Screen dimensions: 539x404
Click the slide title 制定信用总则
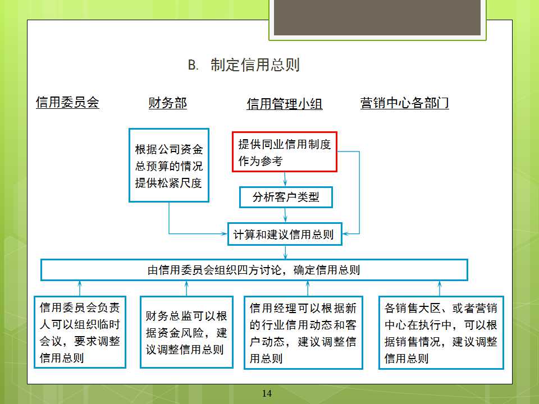click(255, 65)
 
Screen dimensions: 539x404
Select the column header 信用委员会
click(67, 102)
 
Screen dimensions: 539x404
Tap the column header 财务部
click(168, 103)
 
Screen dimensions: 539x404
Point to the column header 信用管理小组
click(285, 104)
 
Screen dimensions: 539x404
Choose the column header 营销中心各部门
click(405, 103)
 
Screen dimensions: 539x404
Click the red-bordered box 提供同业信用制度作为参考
click(285, 152)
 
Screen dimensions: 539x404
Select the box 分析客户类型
click(286, 197)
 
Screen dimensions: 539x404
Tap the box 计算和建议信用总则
click(285, 235)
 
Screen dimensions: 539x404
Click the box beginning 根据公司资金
click(169, 165)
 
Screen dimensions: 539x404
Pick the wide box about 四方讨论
click(254, 270)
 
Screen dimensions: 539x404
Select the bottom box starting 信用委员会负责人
click(80, 332)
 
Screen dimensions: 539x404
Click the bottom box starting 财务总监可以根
click(186, 332)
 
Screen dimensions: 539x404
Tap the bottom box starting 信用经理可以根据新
click(304, 333)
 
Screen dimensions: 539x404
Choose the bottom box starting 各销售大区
click(441, 333)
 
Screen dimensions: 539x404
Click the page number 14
click(267, 393)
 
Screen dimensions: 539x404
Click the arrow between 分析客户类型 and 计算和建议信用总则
click(285, 215)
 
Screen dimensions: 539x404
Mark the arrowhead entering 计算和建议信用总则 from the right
click(346, 234)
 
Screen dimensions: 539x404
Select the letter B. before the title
click(193, 65)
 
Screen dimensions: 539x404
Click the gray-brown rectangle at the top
click(377, 17)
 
